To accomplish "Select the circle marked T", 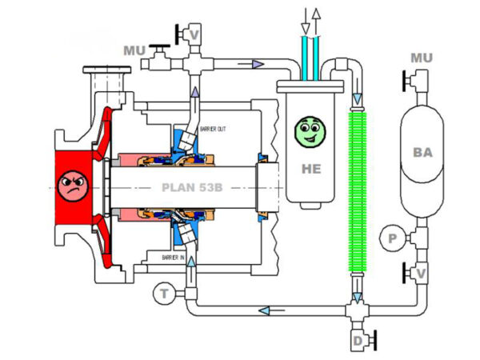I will click(164, 294).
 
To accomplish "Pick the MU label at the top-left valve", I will click(135, 50).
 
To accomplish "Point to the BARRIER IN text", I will click(174, 258).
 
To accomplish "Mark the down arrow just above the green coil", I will click(357, 98).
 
